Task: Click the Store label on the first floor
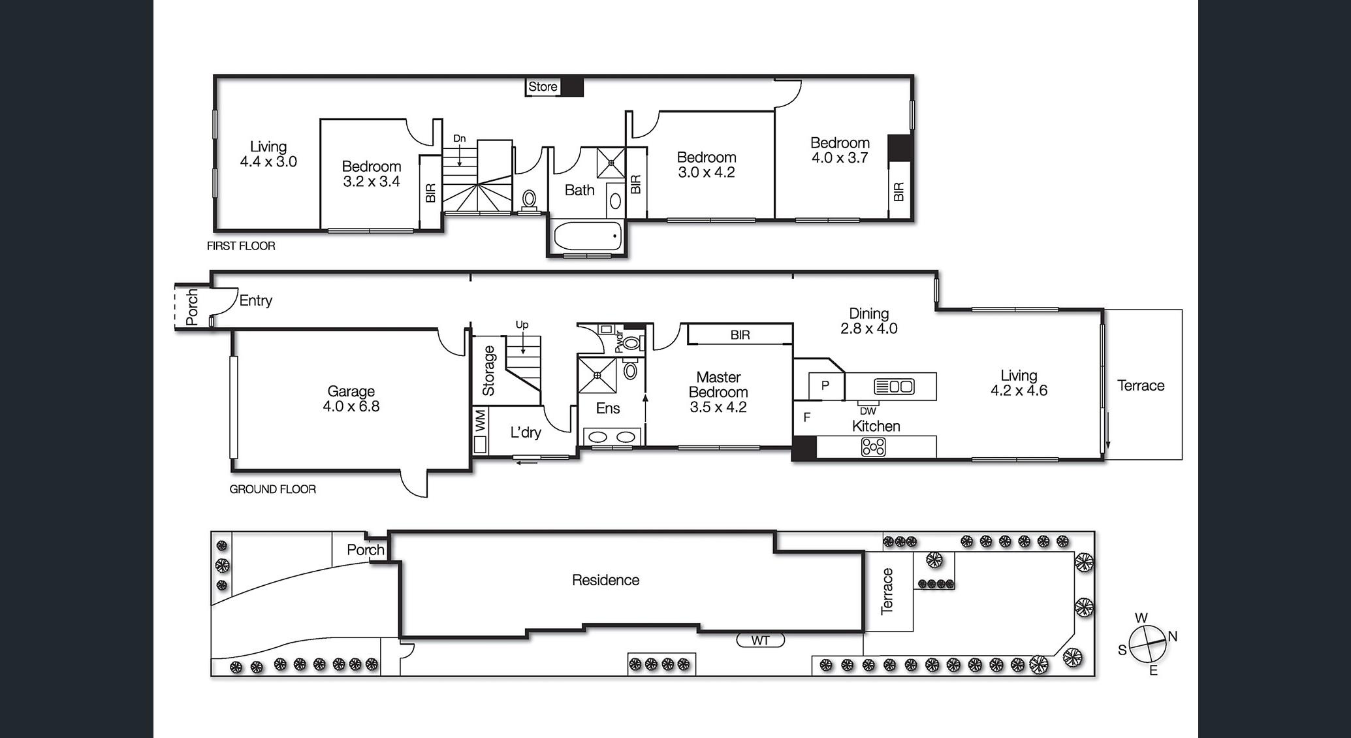point(543,87)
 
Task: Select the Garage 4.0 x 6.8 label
point(351,398)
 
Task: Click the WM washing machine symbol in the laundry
point(481,421)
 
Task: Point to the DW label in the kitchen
point(868,411)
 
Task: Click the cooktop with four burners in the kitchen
point(874,447)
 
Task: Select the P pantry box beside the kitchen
point(825,385)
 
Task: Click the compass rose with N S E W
point(1147,645)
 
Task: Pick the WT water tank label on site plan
point(760,641)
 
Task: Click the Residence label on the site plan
point(605,580)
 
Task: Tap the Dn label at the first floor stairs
point(460,138)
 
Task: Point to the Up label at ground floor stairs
point(522,325)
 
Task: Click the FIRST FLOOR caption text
point(241,246)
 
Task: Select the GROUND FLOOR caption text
point(272,489)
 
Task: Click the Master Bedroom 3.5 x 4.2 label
point(718,392)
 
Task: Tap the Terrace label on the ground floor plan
point(1141,385)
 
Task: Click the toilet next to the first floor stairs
point(529,199)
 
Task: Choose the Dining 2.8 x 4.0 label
point(868,321)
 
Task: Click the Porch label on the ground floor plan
point(192,307)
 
